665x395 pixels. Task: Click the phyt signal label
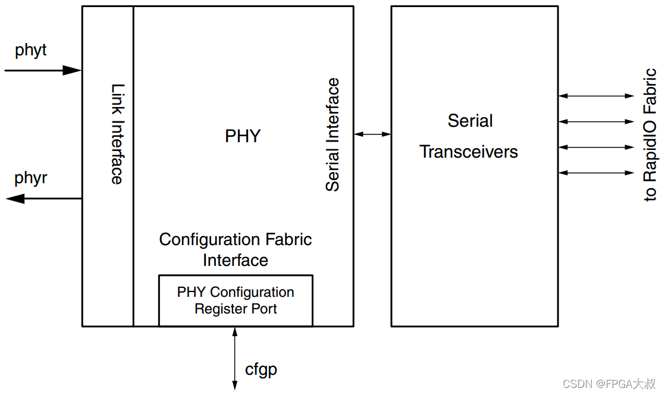30,51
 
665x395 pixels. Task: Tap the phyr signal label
30,178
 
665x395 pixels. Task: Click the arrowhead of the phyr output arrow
15,198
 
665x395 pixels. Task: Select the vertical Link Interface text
118,134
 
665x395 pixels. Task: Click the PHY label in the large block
243,136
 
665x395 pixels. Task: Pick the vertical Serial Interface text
332,135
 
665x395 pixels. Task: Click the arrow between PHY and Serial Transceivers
372,134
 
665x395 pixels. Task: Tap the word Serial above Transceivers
470,121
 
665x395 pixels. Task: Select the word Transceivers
469,152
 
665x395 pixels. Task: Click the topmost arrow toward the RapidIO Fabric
596,96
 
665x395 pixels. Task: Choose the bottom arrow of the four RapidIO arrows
596,173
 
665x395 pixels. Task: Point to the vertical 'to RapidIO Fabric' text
650,134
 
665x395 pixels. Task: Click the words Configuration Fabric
236,240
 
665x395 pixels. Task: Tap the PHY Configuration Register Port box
236,301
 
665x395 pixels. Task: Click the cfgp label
261,370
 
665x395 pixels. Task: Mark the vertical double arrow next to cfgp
235,359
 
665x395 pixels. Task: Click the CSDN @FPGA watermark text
609,384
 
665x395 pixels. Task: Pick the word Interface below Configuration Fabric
236,261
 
